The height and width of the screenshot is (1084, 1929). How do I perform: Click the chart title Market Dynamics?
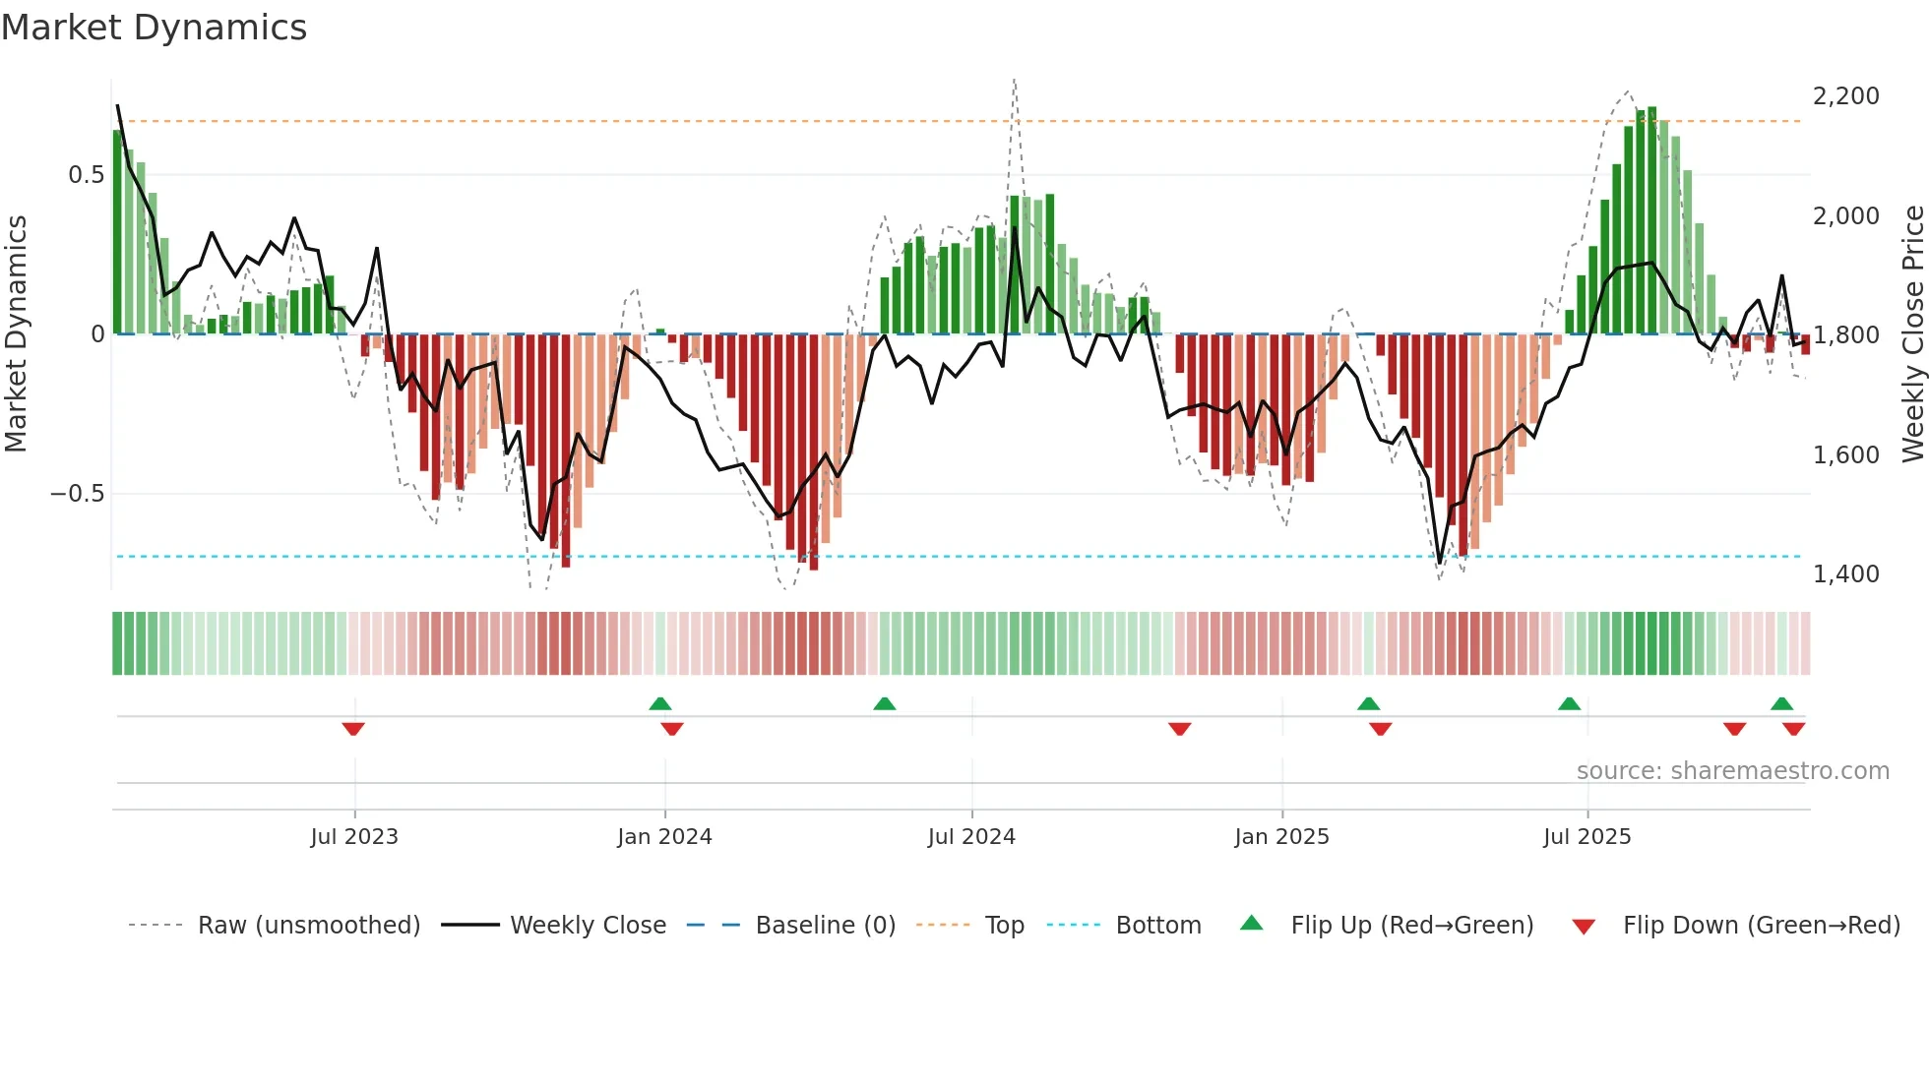155,28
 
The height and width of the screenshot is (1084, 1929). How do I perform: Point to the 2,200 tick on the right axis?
1845,96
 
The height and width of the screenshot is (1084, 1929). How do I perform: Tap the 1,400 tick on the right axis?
1845,574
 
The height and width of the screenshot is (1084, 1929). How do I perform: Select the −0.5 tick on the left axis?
77,494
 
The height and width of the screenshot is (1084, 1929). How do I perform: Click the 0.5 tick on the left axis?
86,175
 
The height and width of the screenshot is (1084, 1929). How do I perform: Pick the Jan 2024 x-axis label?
664,837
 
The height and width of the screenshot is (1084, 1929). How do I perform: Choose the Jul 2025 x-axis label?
1587,837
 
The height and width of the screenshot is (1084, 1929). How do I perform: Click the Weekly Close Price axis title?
1912,334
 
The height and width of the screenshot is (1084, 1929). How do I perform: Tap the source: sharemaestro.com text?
1732,771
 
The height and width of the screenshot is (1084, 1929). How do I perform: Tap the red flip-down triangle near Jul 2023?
353,729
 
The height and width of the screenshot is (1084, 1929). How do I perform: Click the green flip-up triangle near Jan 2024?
660,703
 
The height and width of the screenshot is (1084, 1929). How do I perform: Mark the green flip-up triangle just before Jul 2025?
1569,703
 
